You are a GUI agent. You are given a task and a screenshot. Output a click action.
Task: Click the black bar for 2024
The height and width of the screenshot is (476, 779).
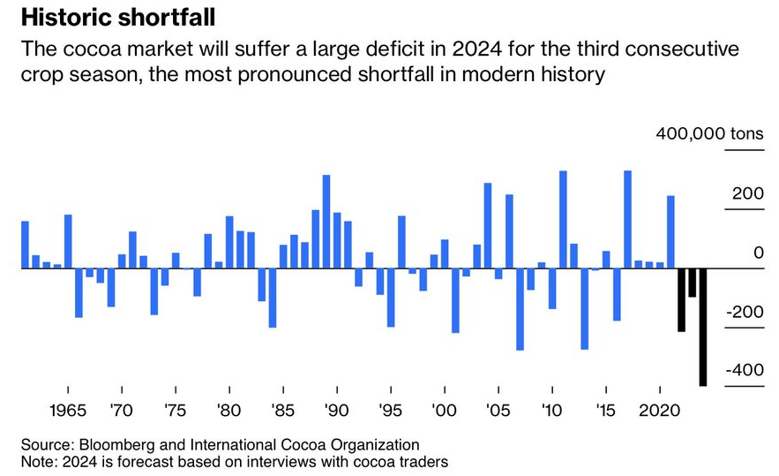[x=703, y=327]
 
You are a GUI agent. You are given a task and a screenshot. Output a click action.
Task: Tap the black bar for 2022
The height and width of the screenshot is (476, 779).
[x=682, y=299]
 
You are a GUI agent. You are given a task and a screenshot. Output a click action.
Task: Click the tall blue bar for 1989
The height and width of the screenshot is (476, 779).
[x=326, y=221]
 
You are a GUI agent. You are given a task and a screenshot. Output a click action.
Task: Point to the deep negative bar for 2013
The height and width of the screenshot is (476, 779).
[x=584, y=308]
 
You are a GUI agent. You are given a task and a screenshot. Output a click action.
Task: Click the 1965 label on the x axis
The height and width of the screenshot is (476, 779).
[x=67, y=412]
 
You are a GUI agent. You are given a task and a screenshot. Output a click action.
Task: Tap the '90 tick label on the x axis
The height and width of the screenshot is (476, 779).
[x=336, y=412]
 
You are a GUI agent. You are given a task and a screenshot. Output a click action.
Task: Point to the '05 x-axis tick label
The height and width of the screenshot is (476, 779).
[x=498, y=412]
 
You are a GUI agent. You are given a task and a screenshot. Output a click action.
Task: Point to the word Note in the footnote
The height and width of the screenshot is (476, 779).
[x=36, y=461]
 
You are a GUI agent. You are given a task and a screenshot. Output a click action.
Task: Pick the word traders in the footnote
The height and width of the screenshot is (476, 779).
[x=427, y=461]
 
